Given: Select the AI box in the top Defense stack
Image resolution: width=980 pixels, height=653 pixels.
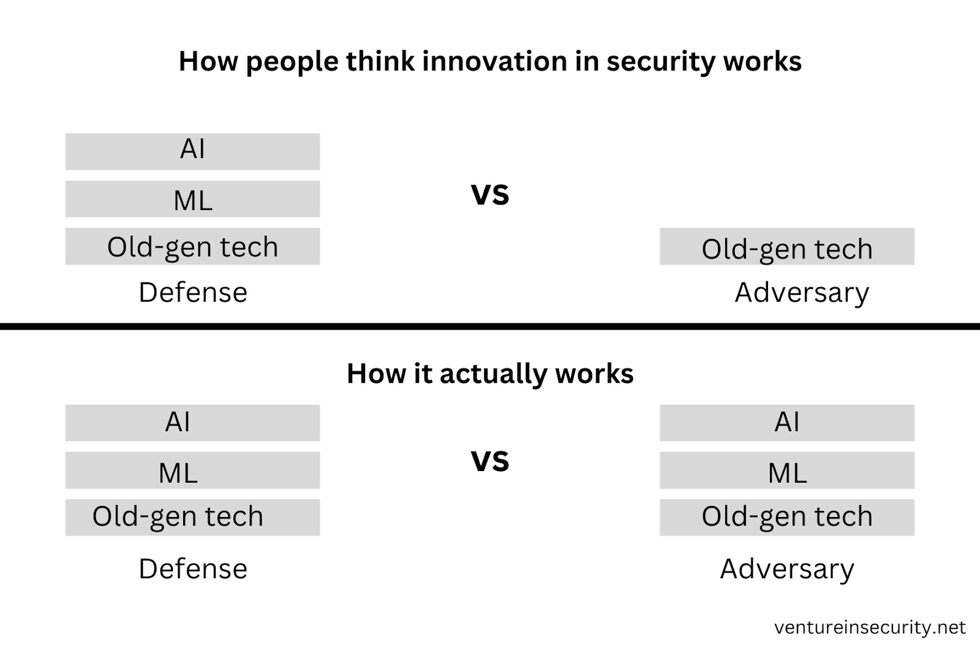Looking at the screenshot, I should pos(192,151).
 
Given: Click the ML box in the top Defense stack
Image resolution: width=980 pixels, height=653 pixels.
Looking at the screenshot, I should pos(192,199).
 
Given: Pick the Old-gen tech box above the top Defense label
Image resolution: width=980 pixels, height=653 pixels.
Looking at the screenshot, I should pos(192,246).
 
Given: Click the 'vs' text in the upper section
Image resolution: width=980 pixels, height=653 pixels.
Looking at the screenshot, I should pos(489,194).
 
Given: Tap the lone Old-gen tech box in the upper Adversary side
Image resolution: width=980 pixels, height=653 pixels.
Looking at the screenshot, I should pos(786,247).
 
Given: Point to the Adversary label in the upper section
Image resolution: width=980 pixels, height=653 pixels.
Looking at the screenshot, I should pos(801,293).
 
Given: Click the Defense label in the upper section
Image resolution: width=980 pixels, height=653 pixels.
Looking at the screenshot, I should pos(192,292).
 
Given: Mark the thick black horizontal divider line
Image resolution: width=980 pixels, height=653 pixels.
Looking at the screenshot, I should pos(490,326).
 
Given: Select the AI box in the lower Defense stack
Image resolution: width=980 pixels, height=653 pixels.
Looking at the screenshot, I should pos(192,422).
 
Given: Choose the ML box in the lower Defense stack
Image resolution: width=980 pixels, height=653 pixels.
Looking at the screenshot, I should pos(192,470).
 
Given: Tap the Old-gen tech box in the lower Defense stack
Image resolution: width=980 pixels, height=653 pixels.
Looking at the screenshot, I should pos(192,517).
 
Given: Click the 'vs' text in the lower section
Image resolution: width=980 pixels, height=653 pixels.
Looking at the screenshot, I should pos(489,460).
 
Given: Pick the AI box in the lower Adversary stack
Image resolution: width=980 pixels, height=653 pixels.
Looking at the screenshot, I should pos(786,422).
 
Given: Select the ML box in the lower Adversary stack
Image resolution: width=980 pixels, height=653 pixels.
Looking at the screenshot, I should pos(786,470).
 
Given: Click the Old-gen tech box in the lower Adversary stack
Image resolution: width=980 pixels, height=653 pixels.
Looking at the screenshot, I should pos(786,517).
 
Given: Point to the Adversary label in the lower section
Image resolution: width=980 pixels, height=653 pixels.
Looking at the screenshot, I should pos(786,569).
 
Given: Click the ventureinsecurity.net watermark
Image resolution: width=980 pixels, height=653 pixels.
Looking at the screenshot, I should pos(869,627).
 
